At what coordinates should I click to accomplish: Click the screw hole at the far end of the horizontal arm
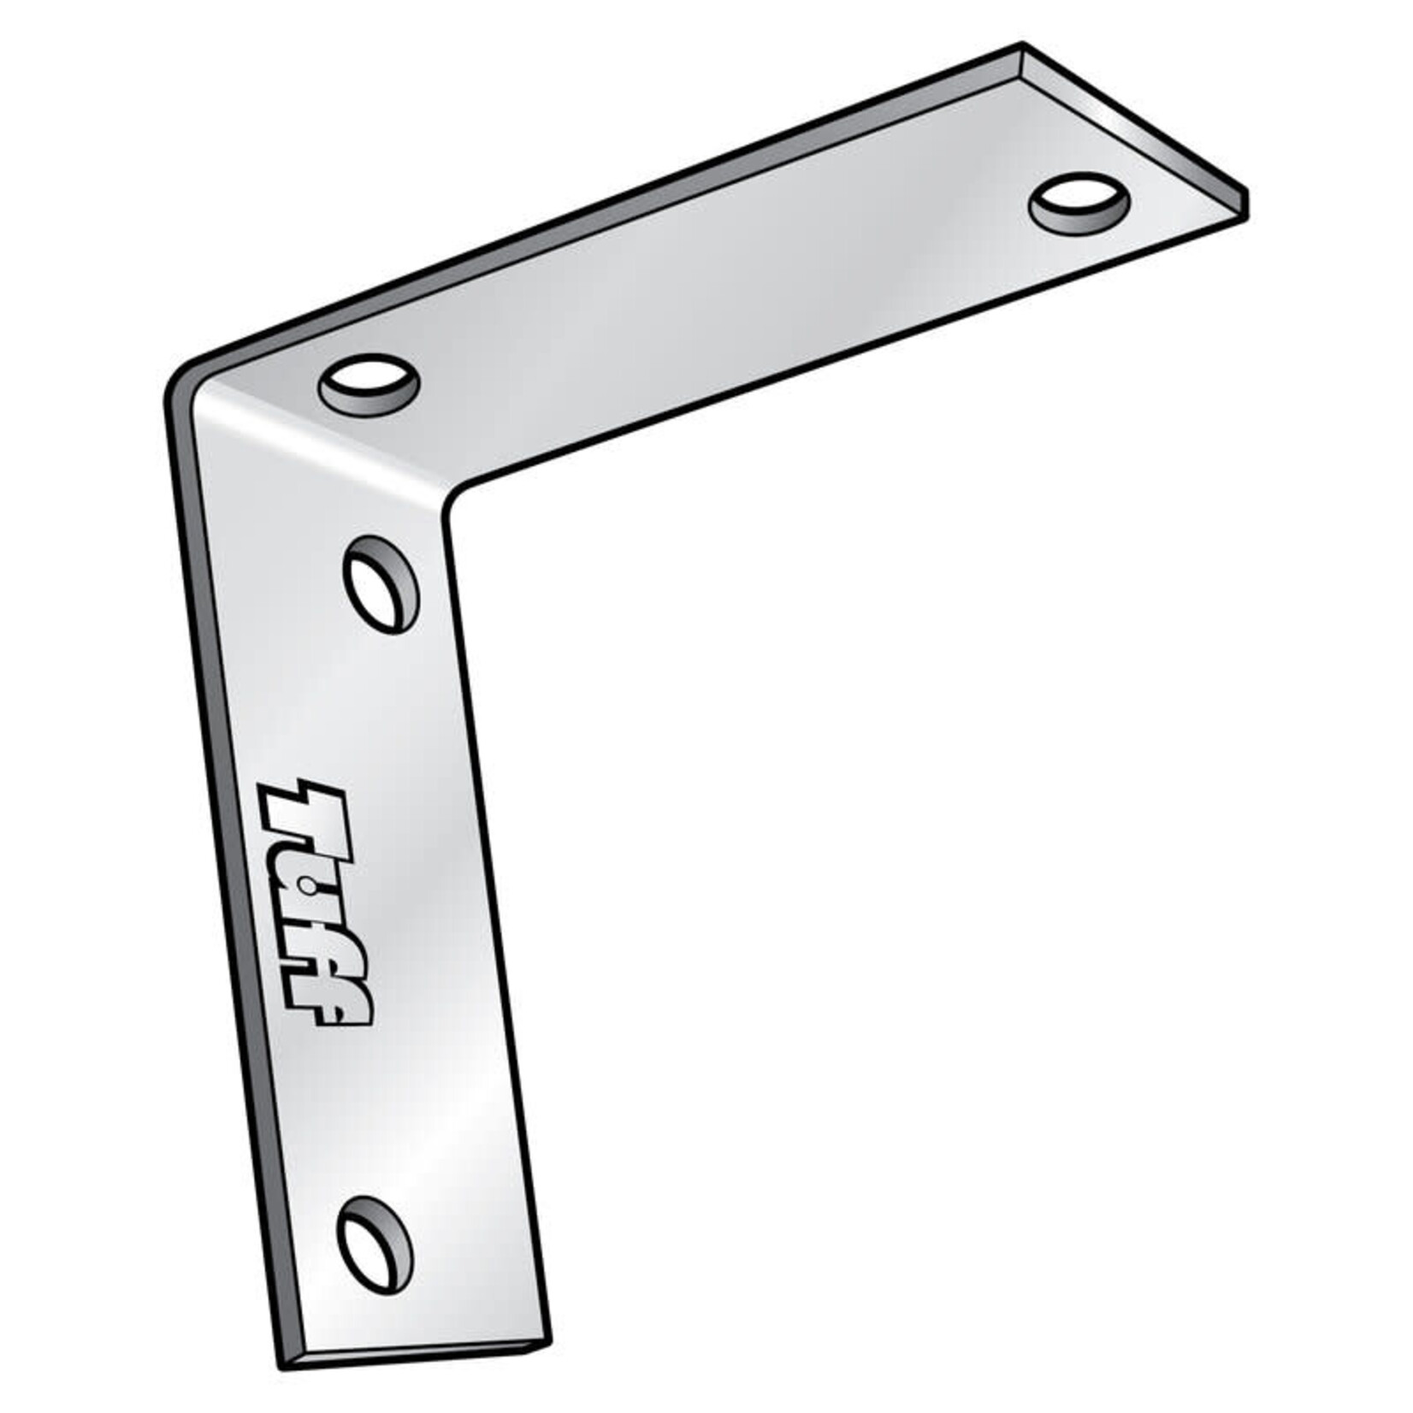click(x=1079, y=204)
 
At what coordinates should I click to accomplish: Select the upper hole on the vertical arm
click(x=381, y=584)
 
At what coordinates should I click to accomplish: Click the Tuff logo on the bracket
click(x=315, y=903)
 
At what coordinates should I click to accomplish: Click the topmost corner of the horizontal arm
click(x=1022, y=44)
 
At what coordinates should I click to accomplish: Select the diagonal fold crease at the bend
click(x=325, y=445)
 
